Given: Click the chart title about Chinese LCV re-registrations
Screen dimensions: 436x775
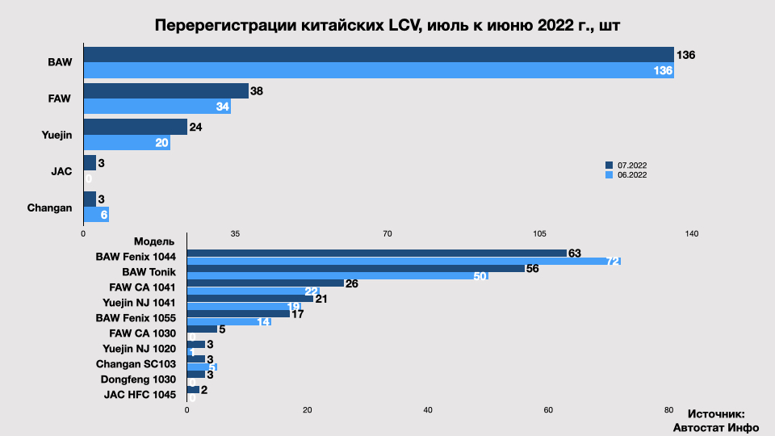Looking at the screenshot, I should pyautogui.click(x=387, y=25).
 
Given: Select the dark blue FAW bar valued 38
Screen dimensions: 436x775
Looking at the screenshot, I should pyautogui.click(x=165, y=90).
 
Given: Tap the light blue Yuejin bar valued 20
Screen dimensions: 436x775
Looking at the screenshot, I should pyautogui.click(x=126, y=143).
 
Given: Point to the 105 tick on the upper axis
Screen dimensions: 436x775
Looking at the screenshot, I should pyautogui.click(x=539, y=233).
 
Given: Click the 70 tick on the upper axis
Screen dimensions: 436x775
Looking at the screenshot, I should pyautogui.click(x=387, y=233).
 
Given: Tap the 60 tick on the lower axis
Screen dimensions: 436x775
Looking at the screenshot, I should pyautogui.click(x=548, y=410).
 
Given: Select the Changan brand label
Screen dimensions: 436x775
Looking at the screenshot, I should pyautogui.click(x=49, y=208).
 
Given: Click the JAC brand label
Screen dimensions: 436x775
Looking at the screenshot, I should pyautogui.click(x=61, y=171).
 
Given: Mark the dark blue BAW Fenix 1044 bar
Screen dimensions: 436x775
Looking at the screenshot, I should pyautogui.click(x=376, y=254).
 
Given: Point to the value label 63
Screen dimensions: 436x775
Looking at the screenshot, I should pyautogui.click(x=575, y=254).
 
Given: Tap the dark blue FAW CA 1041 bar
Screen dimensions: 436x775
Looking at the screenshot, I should pyautogui.click(x=265, y=283).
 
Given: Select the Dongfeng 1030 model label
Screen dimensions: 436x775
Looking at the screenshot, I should pyautogui.click(x=138, y=379).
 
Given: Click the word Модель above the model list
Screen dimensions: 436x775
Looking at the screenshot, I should pyautogui.click(x=154, y=241).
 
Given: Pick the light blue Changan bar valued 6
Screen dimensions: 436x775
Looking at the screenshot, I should pyautogui.click(x=96, y=215).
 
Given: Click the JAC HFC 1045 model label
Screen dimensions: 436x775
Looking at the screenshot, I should pyautogui.click(x=140, y=394).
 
